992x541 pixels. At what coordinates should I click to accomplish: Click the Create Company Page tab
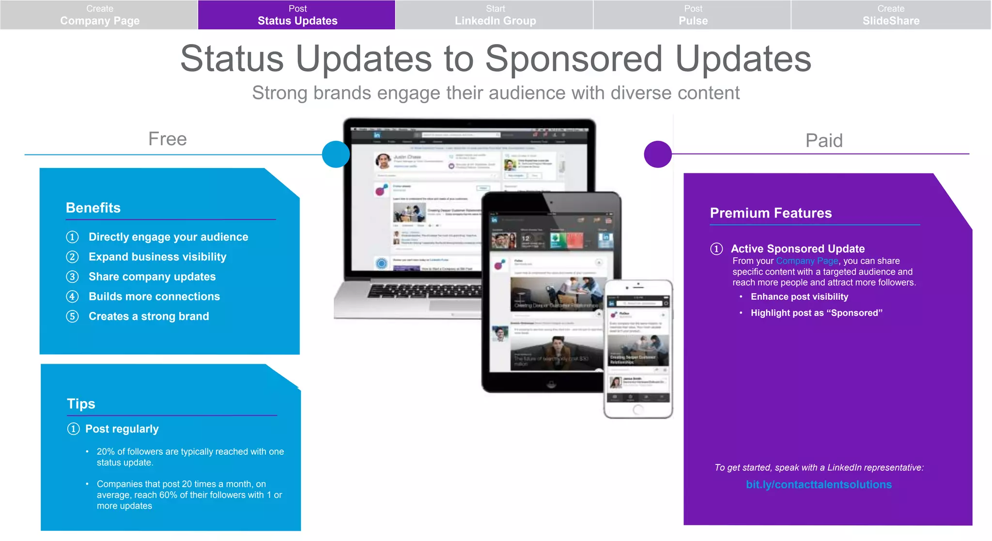99,15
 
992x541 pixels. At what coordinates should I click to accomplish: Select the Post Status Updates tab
297,15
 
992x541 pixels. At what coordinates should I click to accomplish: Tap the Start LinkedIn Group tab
495,15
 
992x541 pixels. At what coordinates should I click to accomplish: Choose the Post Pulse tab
693,15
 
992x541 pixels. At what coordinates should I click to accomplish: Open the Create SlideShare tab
890,15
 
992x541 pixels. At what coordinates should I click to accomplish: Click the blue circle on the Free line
336,154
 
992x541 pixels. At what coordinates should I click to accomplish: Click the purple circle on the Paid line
657,154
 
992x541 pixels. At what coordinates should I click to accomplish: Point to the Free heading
167,139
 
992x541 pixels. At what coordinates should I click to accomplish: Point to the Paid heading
823,140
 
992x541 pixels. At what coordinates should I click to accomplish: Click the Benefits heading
93,208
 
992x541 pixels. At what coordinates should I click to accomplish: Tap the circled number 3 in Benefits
72,277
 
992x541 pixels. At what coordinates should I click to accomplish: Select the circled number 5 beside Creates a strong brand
72,316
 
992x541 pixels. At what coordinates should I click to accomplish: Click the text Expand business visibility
157,257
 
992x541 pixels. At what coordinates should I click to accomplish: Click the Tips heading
81,403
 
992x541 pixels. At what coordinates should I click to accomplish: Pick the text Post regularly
122,429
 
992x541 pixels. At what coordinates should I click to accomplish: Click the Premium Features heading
770,213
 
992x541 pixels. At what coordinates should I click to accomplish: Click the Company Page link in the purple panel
806,261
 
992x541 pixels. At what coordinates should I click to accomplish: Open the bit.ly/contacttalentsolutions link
818,484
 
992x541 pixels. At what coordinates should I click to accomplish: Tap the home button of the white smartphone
638,409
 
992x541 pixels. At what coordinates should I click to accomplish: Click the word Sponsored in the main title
573,59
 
